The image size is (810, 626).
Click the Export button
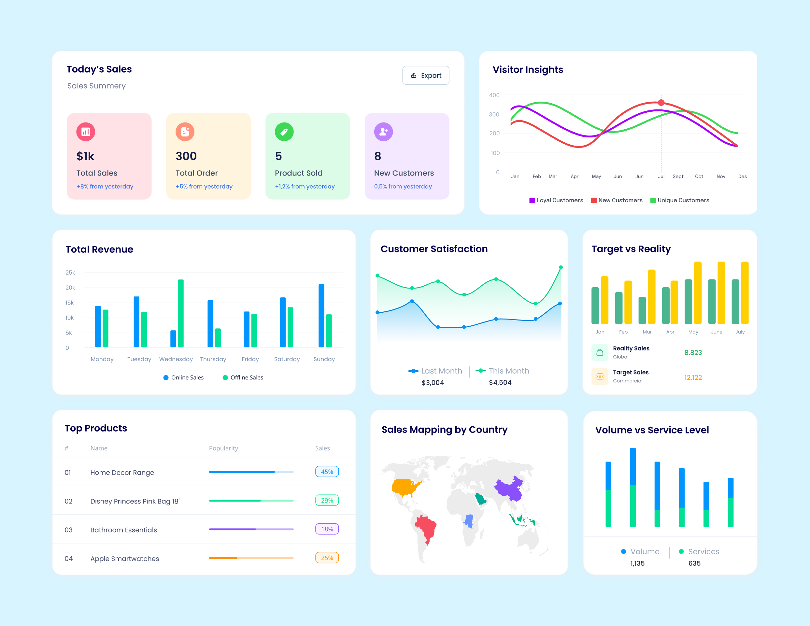pos(425,75)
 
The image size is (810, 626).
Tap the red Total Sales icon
pos(86,132)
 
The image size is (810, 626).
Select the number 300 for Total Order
pos(186,156)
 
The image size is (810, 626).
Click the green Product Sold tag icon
pos(284,132)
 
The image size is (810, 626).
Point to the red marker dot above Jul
pos(661,102)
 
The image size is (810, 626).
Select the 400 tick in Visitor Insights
pos(494,95)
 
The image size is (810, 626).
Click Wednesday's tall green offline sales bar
pos(181,313)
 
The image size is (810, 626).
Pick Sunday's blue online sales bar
pos(321,316)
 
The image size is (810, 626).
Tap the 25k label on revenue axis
pos(70,273)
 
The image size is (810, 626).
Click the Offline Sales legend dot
pos(225,377)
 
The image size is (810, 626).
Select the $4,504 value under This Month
pos(500,382)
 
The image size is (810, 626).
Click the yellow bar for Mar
pos(651,297)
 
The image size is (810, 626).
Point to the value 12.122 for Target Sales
pos(693,377)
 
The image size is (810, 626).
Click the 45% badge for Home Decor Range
pos(327,472)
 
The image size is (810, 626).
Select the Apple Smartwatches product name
pos(125,559)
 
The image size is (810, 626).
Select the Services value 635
pos(694,563)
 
